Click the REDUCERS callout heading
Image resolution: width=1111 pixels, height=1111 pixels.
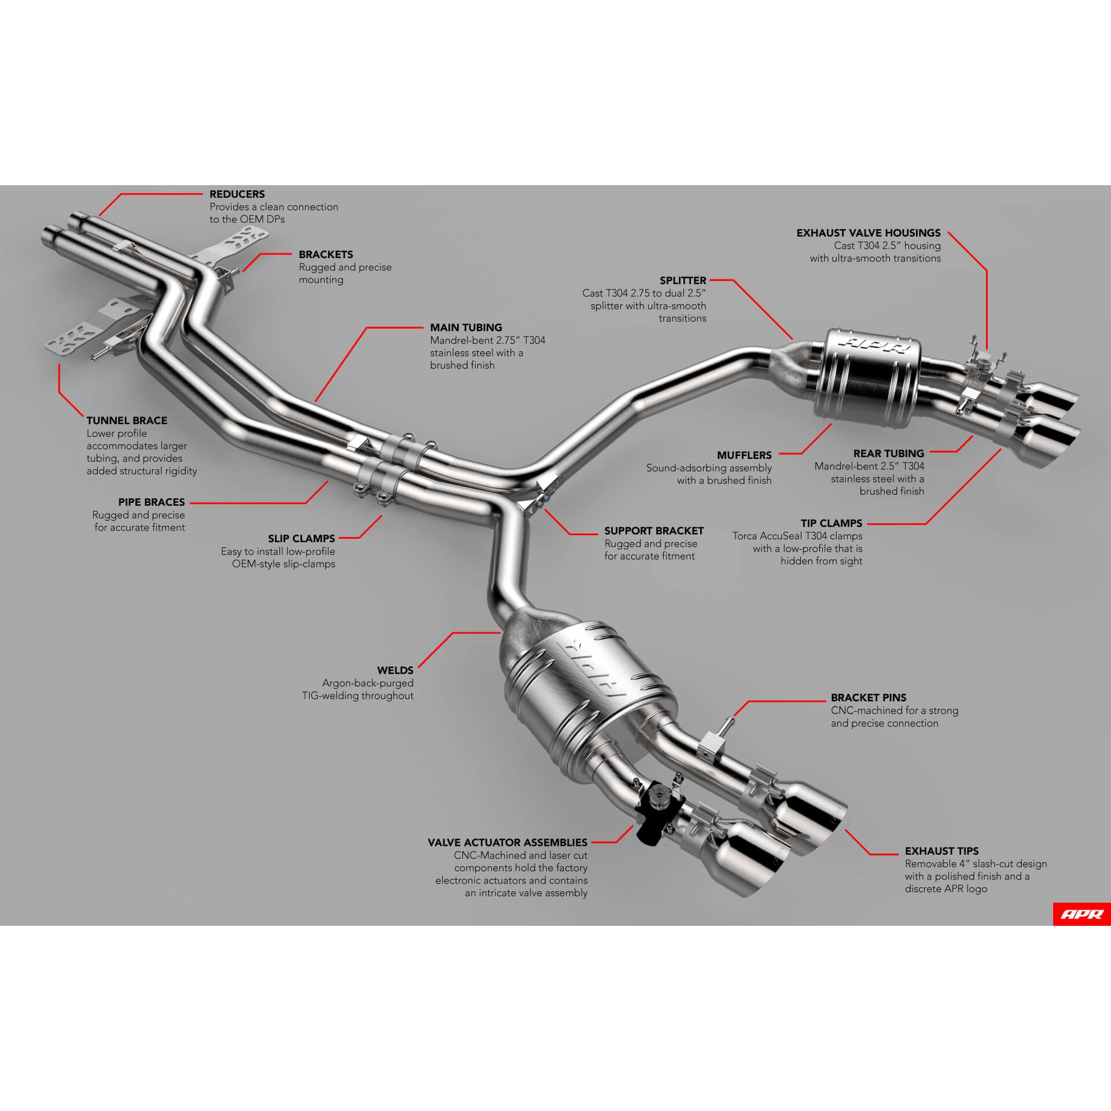(237, 194)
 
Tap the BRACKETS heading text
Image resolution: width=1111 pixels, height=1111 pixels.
(325, 255)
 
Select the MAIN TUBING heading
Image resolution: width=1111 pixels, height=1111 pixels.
(465, 328)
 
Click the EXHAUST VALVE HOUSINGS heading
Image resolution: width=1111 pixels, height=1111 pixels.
(868, 233)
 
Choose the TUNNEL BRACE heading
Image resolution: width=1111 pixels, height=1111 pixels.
(127, 421)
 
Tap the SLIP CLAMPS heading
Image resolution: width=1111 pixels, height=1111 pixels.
(301, 539)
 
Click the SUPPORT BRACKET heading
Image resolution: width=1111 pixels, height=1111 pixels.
(653, 531)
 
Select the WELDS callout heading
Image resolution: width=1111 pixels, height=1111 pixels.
(395, 670)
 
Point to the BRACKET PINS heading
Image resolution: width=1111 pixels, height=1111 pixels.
(868, 698)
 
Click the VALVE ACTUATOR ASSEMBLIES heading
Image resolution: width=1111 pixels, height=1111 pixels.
(507, 843)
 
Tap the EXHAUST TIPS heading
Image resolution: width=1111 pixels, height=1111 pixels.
(941, 851)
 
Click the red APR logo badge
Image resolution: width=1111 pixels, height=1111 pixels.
(1081, 914)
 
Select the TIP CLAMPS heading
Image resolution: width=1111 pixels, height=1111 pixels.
(831, 523)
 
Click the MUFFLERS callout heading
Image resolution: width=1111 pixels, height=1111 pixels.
(744, 455)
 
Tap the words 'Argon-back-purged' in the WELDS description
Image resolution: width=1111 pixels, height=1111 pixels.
(367, 683)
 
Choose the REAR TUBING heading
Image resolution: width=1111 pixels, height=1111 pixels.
(888, 454)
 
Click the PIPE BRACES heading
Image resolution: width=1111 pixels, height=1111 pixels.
(151, 502)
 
